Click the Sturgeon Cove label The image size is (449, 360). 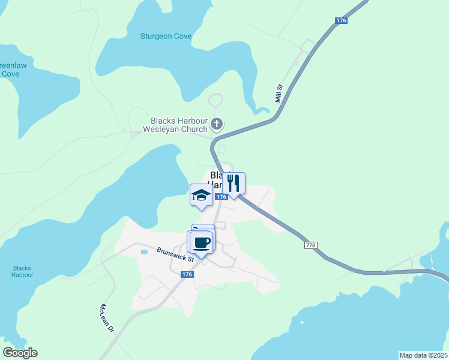(x=166, y=37)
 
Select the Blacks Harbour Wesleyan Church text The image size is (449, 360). (x=175, y=124)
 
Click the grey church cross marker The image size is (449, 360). (x=217, y=125)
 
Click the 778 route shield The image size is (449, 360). (x=310, y=245)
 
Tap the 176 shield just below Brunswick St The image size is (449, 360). (x=187, y=274)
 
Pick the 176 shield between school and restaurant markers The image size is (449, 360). (x=221, y=197)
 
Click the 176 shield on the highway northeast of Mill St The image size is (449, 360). (x=341, y=21)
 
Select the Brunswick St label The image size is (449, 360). (x=175, y=254)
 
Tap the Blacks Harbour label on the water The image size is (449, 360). (x=22, y=271)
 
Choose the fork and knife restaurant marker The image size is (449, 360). (x=234, y=184)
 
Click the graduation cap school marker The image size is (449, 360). (x=201, y=194)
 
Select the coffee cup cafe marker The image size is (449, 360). (x=201, y=242)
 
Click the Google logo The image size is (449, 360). (x=20, y=353)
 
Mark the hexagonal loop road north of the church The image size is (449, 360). (x=215, y=100)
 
